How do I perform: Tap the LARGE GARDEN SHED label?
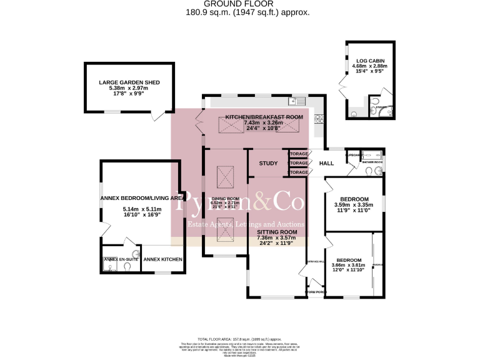129,82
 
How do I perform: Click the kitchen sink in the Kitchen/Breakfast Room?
294,101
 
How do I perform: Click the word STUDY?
268,164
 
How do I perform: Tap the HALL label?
327,164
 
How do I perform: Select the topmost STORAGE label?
298,154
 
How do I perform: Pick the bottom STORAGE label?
298,172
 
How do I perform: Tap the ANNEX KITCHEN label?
162,259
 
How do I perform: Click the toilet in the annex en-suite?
127,266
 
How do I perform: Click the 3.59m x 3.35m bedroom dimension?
354,204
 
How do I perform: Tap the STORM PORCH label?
315,292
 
